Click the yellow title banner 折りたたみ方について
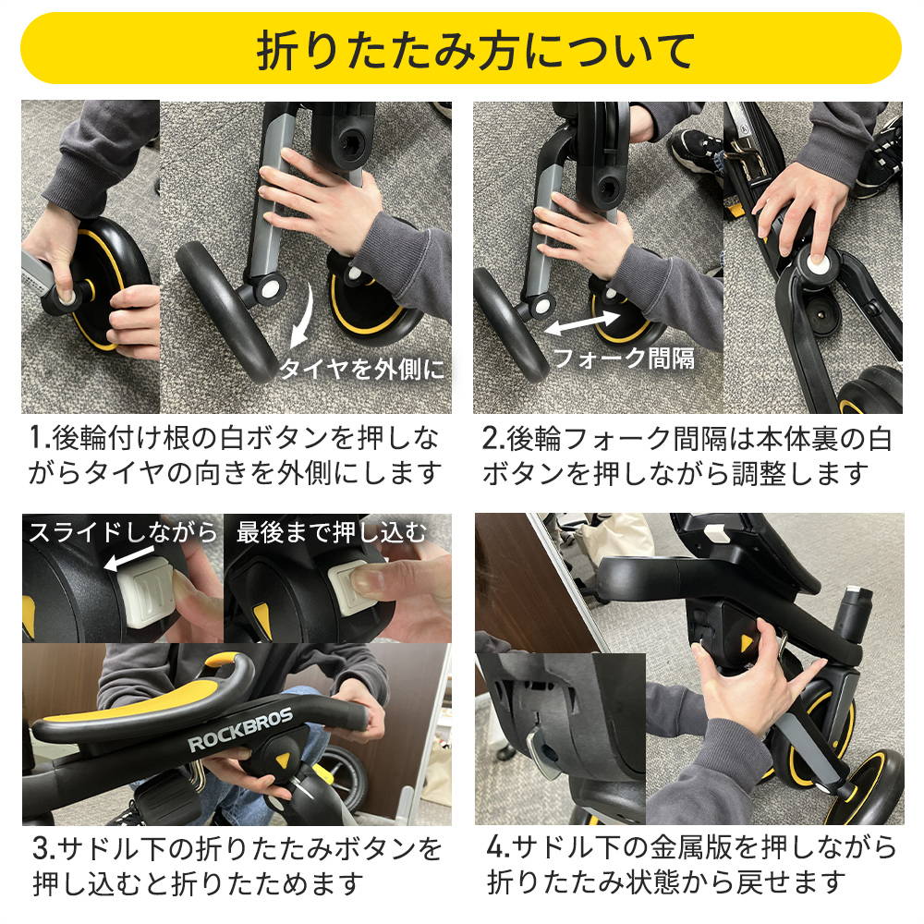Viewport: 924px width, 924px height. [x=461, y=48]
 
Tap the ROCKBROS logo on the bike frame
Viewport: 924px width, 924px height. [x=240, y=731]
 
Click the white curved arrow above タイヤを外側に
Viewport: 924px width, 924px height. [x=302, y=316]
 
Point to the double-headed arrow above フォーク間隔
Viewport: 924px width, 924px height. [x=581, y=322]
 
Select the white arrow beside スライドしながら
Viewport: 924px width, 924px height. [x=129, y=559]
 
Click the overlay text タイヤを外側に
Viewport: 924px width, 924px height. [x=361, y=370]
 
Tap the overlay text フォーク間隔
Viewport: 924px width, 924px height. [x=624, y=358]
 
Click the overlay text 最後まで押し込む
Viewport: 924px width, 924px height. [x=331, y=533]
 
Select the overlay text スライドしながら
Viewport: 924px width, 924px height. [x=123, y=533]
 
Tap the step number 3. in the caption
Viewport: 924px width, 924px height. [x=43, y=849]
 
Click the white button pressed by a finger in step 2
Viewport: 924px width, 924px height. [x=816, y=263]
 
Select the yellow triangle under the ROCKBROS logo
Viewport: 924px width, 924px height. [x=284, y=760]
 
